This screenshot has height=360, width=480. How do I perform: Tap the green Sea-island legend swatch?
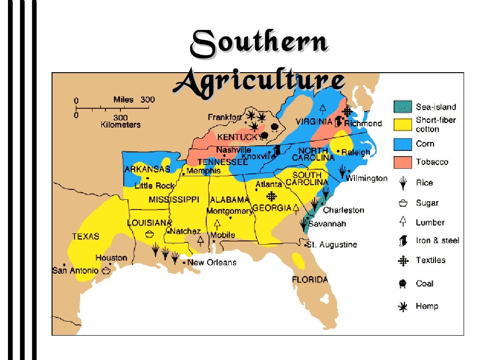403,107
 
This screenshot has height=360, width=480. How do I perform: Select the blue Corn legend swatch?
403,144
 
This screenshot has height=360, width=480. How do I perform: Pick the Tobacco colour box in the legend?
403,162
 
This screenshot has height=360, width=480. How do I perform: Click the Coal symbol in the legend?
402,284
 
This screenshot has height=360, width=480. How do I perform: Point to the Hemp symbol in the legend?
402,307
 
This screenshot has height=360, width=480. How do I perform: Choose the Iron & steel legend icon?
402,241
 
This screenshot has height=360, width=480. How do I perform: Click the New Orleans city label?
212,262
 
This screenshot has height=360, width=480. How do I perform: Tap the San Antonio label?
75,270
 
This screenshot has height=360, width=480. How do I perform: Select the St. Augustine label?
333,245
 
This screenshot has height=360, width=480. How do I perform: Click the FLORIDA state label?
310,280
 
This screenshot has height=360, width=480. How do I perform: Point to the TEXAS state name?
85,236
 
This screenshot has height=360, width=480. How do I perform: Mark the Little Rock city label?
154,186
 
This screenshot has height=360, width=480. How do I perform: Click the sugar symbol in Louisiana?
149,233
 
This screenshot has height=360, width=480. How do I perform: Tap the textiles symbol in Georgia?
271,196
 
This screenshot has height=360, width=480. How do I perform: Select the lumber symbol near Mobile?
217,224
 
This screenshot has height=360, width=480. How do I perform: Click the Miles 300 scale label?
134,100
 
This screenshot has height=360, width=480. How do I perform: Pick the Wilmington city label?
367,178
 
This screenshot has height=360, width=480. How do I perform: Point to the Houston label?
111,258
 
